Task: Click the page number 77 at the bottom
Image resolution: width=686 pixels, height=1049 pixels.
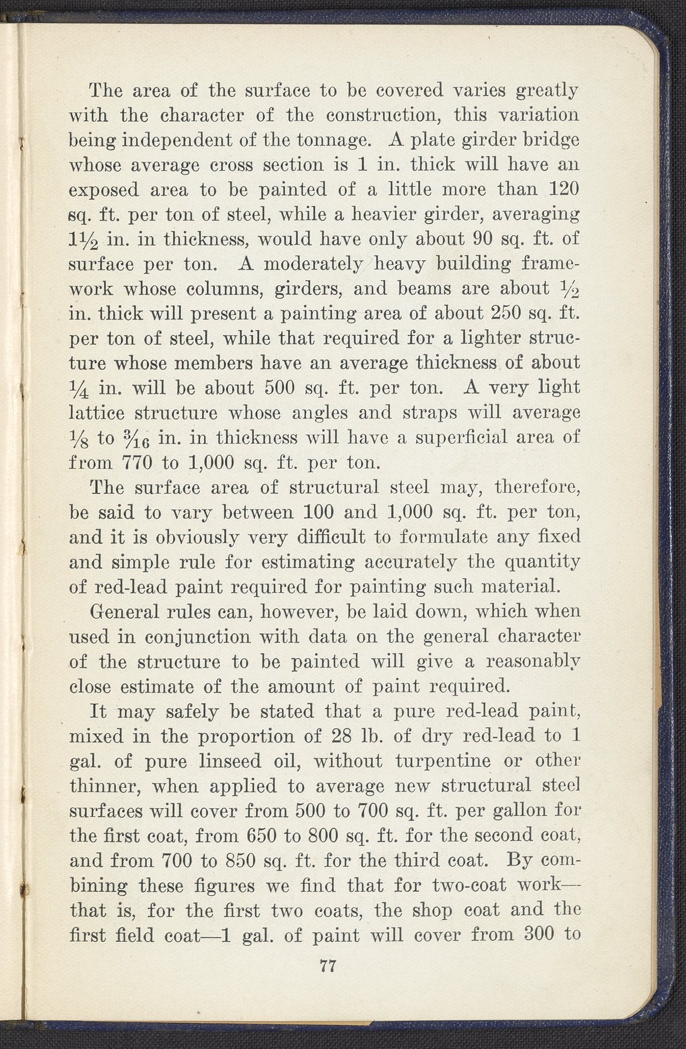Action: coord(328,966)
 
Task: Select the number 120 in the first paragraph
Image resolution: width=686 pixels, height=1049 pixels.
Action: coord(564,189)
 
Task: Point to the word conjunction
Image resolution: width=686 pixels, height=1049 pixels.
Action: coord(198,637)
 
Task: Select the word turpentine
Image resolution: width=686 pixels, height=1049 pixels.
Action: coord(442,761)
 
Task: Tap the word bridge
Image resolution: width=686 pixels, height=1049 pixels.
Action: coord(549,140)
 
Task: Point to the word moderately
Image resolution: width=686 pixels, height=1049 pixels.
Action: coord(313,264)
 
